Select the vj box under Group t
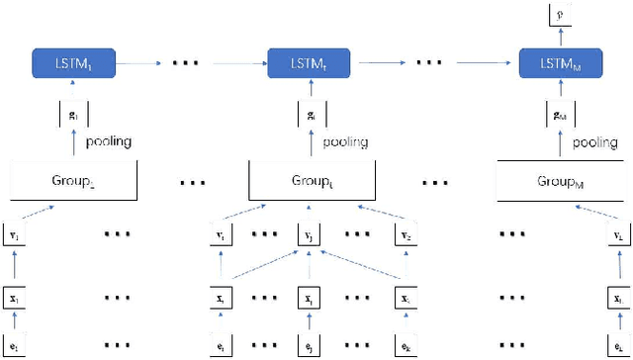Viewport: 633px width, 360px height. [311, 237]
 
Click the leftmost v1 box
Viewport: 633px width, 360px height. [14, 237]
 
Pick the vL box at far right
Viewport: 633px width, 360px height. [619, 237]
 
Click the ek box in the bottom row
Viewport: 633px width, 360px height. [407, 346]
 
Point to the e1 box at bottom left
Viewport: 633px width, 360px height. [14, 346]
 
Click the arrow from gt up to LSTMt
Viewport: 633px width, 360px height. [310, 92]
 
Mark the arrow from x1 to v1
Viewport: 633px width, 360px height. [14, 267]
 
